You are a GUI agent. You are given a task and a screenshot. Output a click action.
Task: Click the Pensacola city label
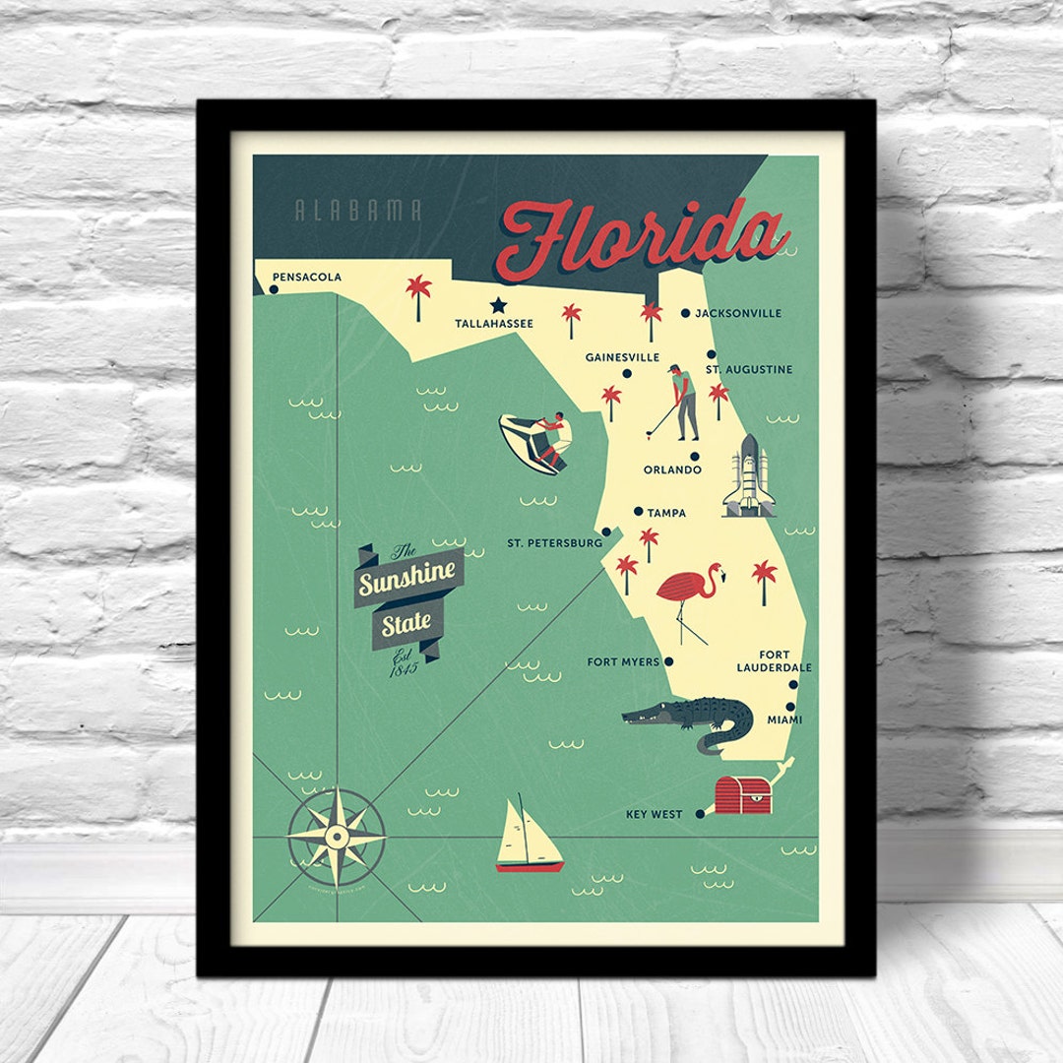[x=307, y=278]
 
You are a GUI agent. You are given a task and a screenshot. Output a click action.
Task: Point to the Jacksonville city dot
[x=685, y=313]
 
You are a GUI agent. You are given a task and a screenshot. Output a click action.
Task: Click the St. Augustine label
[x=749, y=369]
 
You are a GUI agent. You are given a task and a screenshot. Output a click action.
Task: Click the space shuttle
[x=747, y=476]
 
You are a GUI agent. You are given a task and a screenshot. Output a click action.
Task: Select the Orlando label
[x=672, y=469]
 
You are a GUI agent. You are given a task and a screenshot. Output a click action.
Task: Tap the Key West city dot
[x=700, y=814]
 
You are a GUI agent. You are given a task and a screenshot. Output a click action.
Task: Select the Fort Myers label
[x=623, y=661]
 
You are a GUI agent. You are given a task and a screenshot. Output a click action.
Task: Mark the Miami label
[x=784, y=719]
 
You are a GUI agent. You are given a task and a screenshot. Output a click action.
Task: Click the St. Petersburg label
[x=554, y=542]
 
